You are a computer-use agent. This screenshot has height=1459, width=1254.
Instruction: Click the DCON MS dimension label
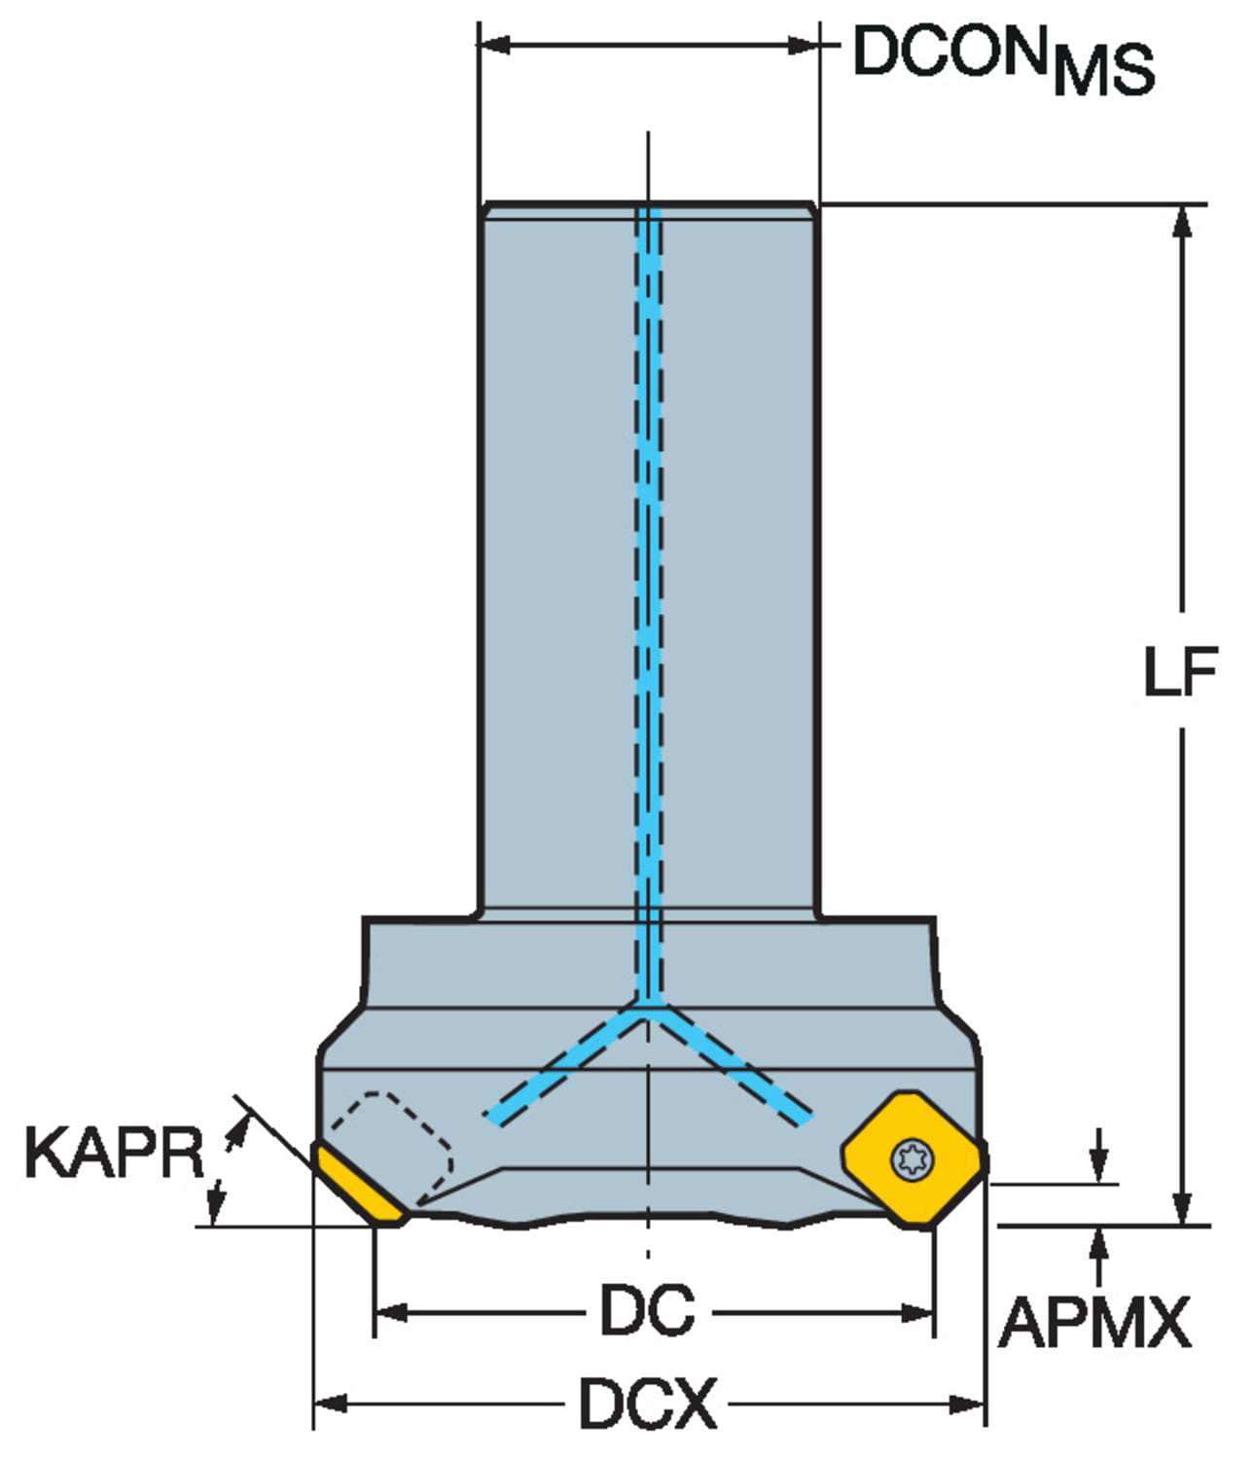pyautogui.click(x=1003, y=60)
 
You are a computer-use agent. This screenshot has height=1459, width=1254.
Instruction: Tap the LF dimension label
pyautogui.click(x=1181, y=671)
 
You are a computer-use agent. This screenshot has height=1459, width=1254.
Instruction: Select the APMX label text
pyautogui.click(x=1094, y=1323)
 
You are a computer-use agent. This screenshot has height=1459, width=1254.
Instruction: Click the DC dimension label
pyautogui.click(x=648, y=1310)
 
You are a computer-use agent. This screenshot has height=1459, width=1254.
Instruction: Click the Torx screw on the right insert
pyautogui.click(x=913, y=1159)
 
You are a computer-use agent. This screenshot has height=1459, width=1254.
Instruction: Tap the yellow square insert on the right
pyautogui.click(x=913, y=1159)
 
